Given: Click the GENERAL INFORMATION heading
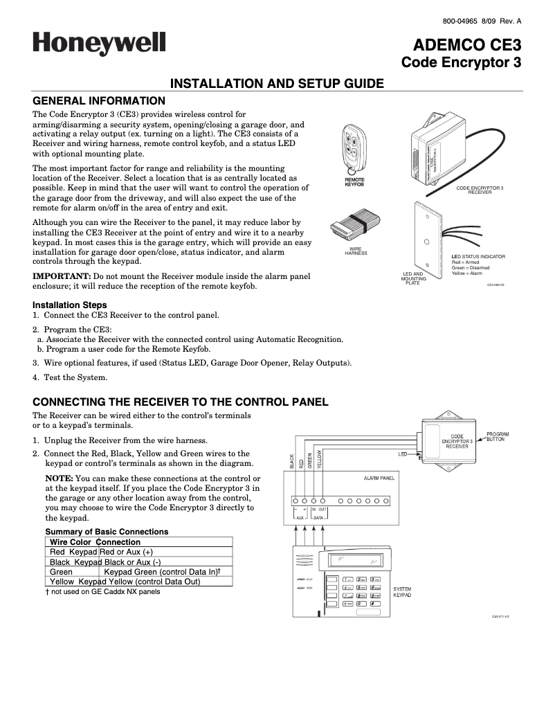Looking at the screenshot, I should (x=99, y=100).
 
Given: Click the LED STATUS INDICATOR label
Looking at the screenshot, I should (x=478, y=257).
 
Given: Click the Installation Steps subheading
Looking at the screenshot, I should (x=70, y=305).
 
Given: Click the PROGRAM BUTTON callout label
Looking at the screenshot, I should (x=498, y=437).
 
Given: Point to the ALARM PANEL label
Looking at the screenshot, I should (x=379, y=478).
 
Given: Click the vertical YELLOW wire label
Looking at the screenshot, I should (x=320, y=458).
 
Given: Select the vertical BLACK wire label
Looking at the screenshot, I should (x=292, y=462).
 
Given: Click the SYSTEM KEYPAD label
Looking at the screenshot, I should (x=402, y=591).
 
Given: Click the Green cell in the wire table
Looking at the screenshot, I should (x=62, y=572).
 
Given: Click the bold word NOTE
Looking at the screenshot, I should (x=59, y=478).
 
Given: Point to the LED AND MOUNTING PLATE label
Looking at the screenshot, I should (x=413, y=279).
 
